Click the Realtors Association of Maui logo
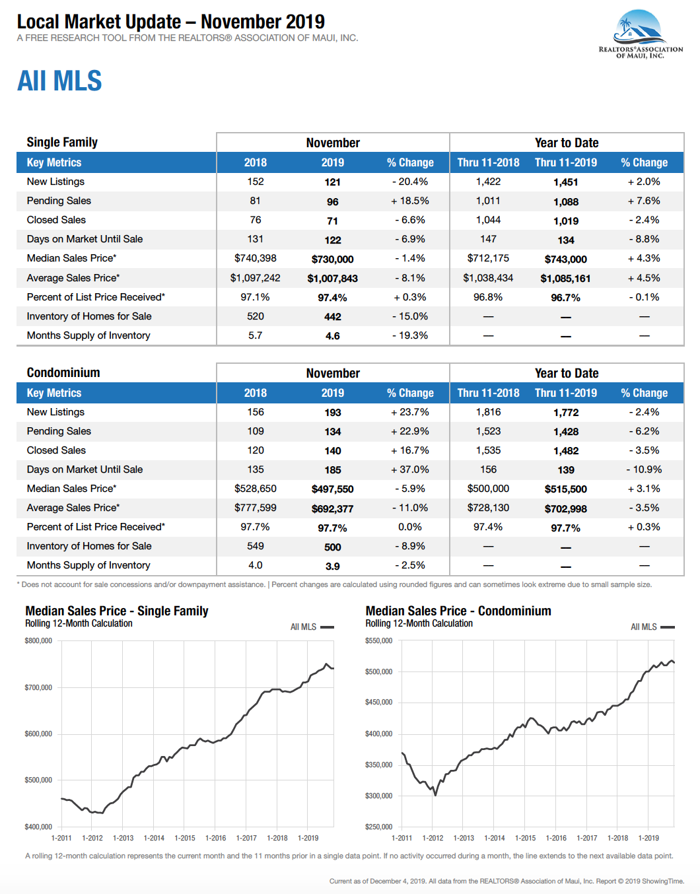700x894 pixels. tap(641, 34)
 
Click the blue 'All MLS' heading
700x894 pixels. tap(59, 81)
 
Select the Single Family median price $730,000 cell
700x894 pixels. tap(332, 259)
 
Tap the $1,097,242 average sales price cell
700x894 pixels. tap(255, 278)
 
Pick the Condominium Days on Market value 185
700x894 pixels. tap(333, 470)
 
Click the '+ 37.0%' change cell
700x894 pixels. tap(409, 469)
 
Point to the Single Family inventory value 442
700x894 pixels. tap(333, 317)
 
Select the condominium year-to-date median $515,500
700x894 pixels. tap(565, 489)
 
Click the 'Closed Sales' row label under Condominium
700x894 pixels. tap(56, 450)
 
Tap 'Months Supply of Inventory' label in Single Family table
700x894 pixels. tap(88, 335)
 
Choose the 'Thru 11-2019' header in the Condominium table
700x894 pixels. tap(565, 393)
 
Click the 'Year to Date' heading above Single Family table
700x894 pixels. tap(567, 143)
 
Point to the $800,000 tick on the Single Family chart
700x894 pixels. tap(38, 640)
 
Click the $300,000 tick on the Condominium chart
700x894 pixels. tap(379, 796)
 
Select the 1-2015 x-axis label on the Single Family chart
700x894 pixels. tap(185, 838)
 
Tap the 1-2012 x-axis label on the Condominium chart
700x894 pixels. tap(433, 838)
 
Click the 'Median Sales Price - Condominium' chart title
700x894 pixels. tap(458, 611)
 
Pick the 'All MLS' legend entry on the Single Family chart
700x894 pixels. tap(312, 627)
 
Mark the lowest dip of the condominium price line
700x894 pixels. tap(435, 795)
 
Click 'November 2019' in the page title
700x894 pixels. tap(263, 22)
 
